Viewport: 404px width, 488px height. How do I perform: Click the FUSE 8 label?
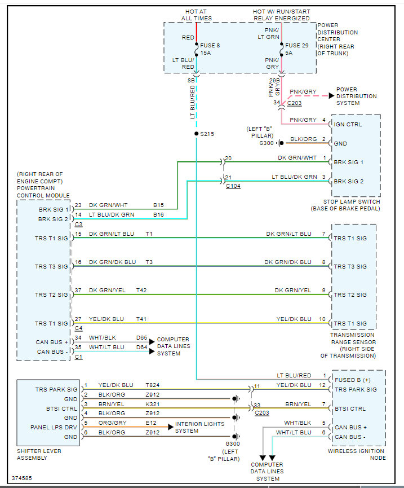pos(210,46)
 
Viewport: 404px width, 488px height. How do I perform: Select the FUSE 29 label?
pos(297,46)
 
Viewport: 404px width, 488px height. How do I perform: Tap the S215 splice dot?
pos(197,134)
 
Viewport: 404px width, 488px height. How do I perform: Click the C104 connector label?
pos(233,186)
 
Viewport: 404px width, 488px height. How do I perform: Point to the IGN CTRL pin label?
pos(348,125)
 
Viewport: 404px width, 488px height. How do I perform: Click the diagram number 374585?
pos(22,478)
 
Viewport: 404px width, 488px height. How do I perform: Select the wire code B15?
pos(158,205)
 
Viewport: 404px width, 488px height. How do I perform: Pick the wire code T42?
pos(141,291)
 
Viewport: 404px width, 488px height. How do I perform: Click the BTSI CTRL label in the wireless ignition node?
pos(350,408)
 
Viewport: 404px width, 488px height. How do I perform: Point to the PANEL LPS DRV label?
pos(54,427)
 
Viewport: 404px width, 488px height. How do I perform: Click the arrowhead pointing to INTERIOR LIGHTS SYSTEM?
pos(171,427)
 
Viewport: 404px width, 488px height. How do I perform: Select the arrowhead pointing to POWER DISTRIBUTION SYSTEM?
pos(331,95)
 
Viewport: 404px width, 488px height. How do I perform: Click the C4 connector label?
pos(79,328)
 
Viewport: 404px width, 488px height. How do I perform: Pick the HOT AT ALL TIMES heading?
pos(197,15)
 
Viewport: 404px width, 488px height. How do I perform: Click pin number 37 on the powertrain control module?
pos(78,291)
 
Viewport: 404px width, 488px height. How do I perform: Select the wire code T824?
pos(153,385)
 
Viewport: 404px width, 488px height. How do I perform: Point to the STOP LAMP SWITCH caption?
pos(352,201)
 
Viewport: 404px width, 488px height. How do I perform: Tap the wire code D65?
pos(142,338)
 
